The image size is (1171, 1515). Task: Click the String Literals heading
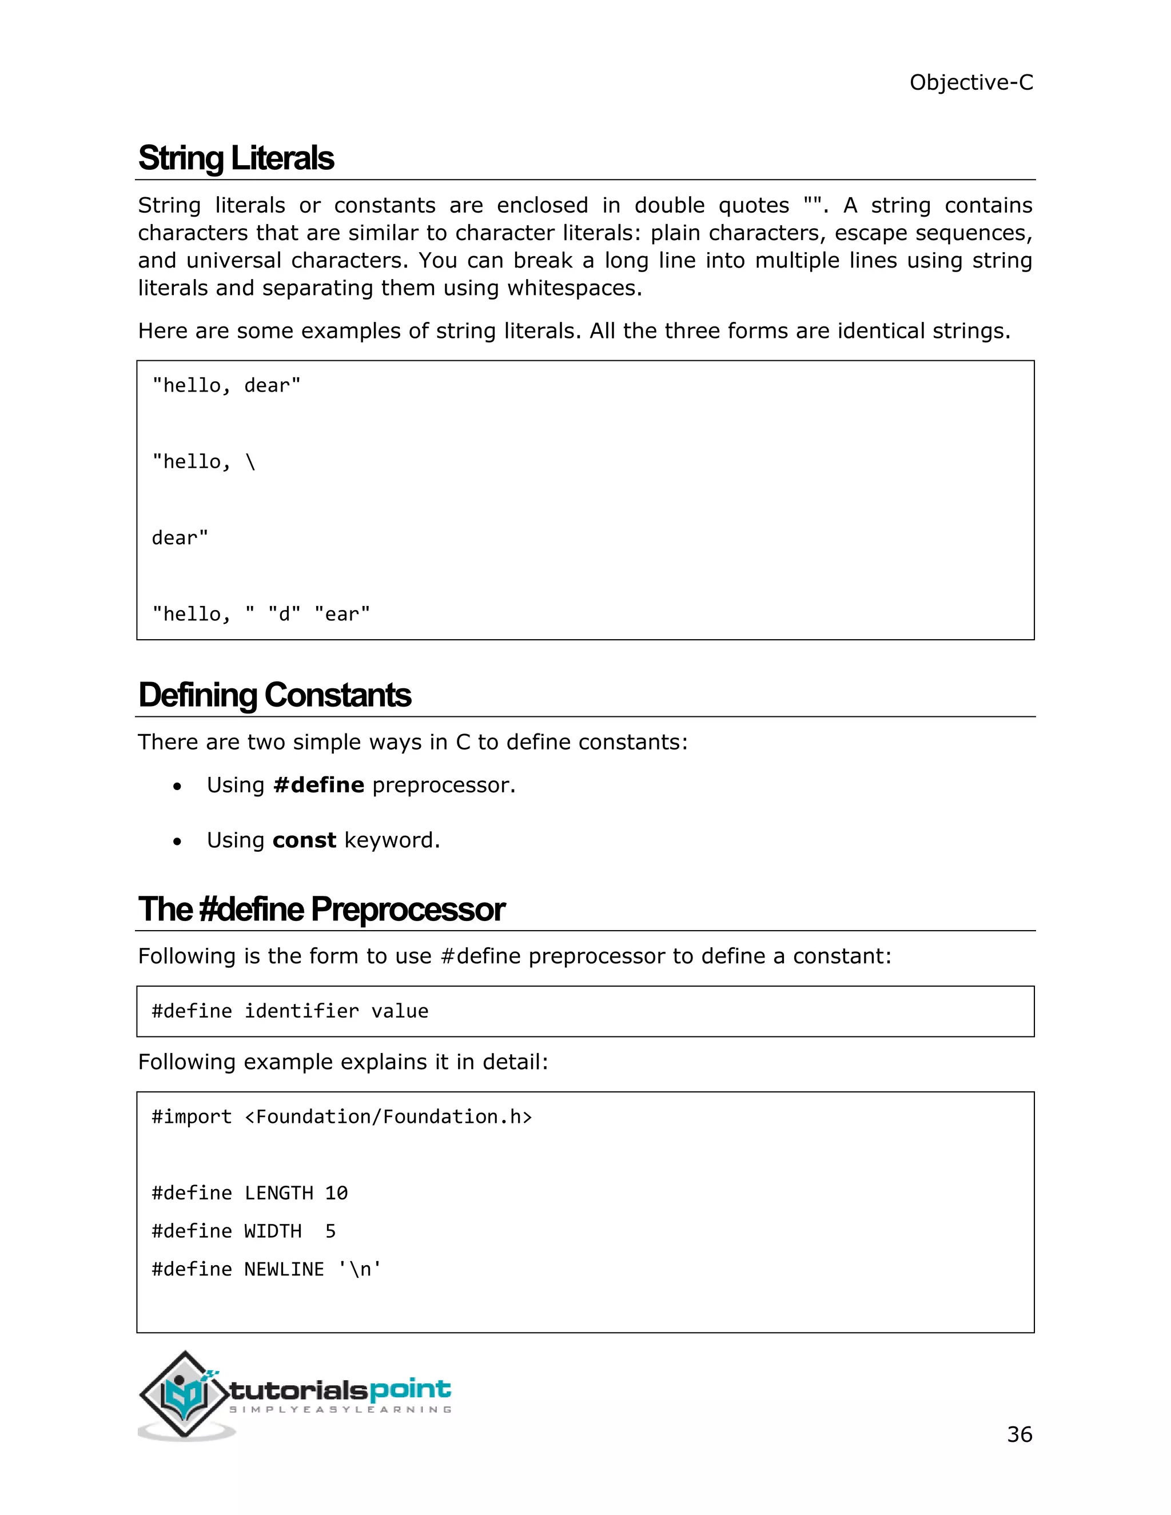pos(236,158)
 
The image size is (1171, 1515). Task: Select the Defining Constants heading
pos(274,695)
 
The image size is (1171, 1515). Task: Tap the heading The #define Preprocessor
pos(321,910)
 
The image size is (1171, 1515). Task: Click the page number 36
pos(1019,1434)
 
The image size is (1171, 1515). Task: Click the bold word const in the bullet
pos(304,840)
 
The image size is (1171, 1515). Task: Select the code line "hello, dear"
pos(226,386)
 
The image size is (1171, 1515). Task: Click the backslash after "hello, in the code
pos(250,462)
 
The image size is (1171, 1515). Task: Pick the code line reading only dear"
pos(180,539)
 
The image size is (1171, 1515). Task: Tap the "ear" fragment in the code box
pos(342,615)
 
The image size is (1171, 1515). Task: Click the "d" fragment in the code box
pos(284,615)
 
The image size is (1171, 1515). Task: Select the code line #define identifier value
pos(290,1011)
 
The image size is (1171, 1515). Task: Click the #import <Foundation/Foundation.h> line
pos(341,1117)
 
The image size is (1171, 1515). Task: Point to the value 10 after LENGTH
pos(336,1193)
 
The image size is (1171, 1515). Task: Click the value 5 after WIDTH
pos(331,1231)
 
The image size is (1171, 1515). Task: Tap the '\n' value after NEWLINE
pos(359,1269)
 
